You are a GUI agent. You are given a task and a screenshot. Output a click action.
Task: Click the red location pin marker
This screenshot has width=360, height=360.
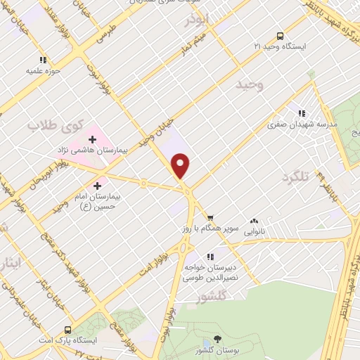pos(181,165)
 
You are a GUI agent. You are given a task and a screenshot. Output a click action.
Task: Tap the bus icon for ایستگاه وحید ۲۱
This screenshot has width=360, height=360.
pos(281,35)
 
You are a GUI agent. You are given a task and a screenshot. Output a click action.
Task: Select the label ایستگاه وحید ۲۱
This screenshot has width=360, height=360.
pos(281,46)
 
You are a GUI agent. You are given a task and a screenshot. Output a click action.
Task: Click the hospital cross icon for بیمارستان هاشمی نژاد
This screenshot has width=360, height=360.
pos(93,139)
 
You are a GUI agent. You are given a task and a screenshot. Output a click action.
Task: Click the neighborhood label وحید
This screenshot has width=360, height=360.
pos(250,85)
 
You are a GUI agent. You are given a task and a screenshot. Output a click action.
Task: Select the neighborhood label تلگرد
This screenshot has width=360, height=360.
pos(294,176)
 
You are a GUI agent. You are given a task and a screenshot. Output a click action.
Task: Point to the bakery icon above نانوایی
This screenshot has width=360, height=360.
pos(253,220)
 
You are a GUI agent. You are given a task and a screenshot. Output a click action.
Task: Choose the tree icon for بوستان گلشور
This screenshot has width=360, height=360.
pos(216,340)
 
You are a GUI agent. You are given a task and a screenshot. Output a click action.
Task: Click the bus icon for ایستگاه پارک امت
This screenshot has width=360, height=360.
pos(67,329)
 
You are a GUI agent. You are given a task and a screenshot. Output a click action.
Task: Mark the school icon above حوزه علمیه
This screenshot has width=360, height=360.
pos(43,60)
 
